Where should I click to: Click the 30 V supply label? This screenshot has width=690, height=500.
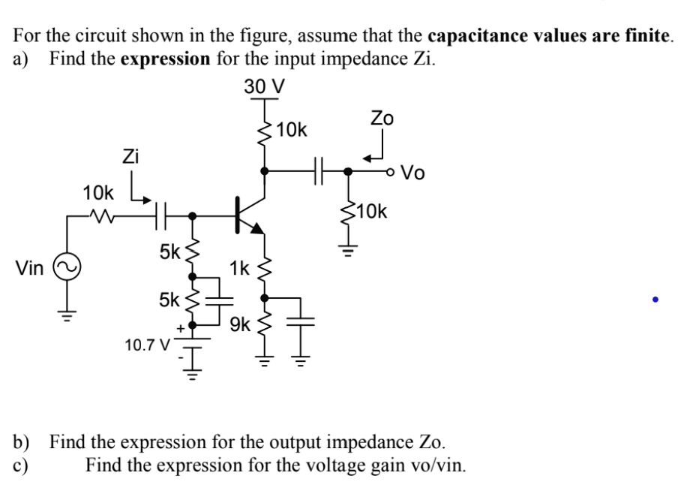264,86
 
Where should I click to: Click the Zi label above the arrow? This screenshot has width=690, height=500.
131,157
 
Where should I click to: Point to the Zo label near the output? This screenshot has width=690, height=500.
382,118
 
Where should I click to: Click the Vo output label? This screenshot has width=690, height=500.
413,173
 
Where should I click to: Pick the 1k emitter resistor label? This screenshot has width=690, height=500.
240,267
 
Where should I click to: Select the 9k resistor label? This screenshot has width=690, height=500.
241,324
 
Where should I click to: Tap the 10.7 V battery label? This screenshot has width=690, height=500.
147,346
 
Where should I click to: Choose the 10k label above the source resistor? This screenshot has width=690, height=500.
98,191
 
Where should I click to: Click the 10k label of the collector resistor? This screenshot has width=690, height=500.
292,130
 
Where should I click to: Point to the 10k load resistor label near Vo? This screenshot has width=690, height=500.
372,212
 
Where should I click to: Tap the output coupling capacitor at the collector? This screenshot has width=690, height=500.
318,171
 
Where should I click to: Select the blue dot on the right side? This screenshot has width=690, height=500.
655,300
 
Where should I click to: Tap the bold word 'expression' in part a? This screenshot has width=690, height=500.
166,59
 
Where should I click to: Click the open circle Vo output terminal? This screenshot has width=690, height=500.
391,172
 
